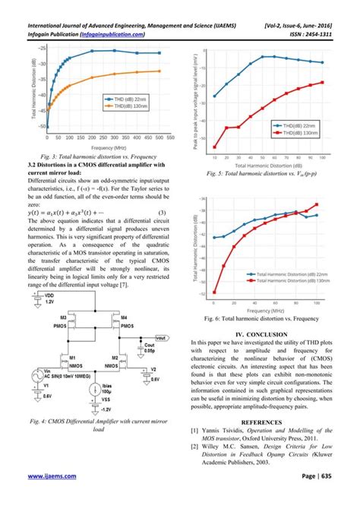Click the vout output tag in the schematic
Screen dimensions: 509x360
(x=160, y=337)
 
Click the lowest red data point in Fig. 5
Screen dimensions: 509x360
(x=215, y=147)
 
